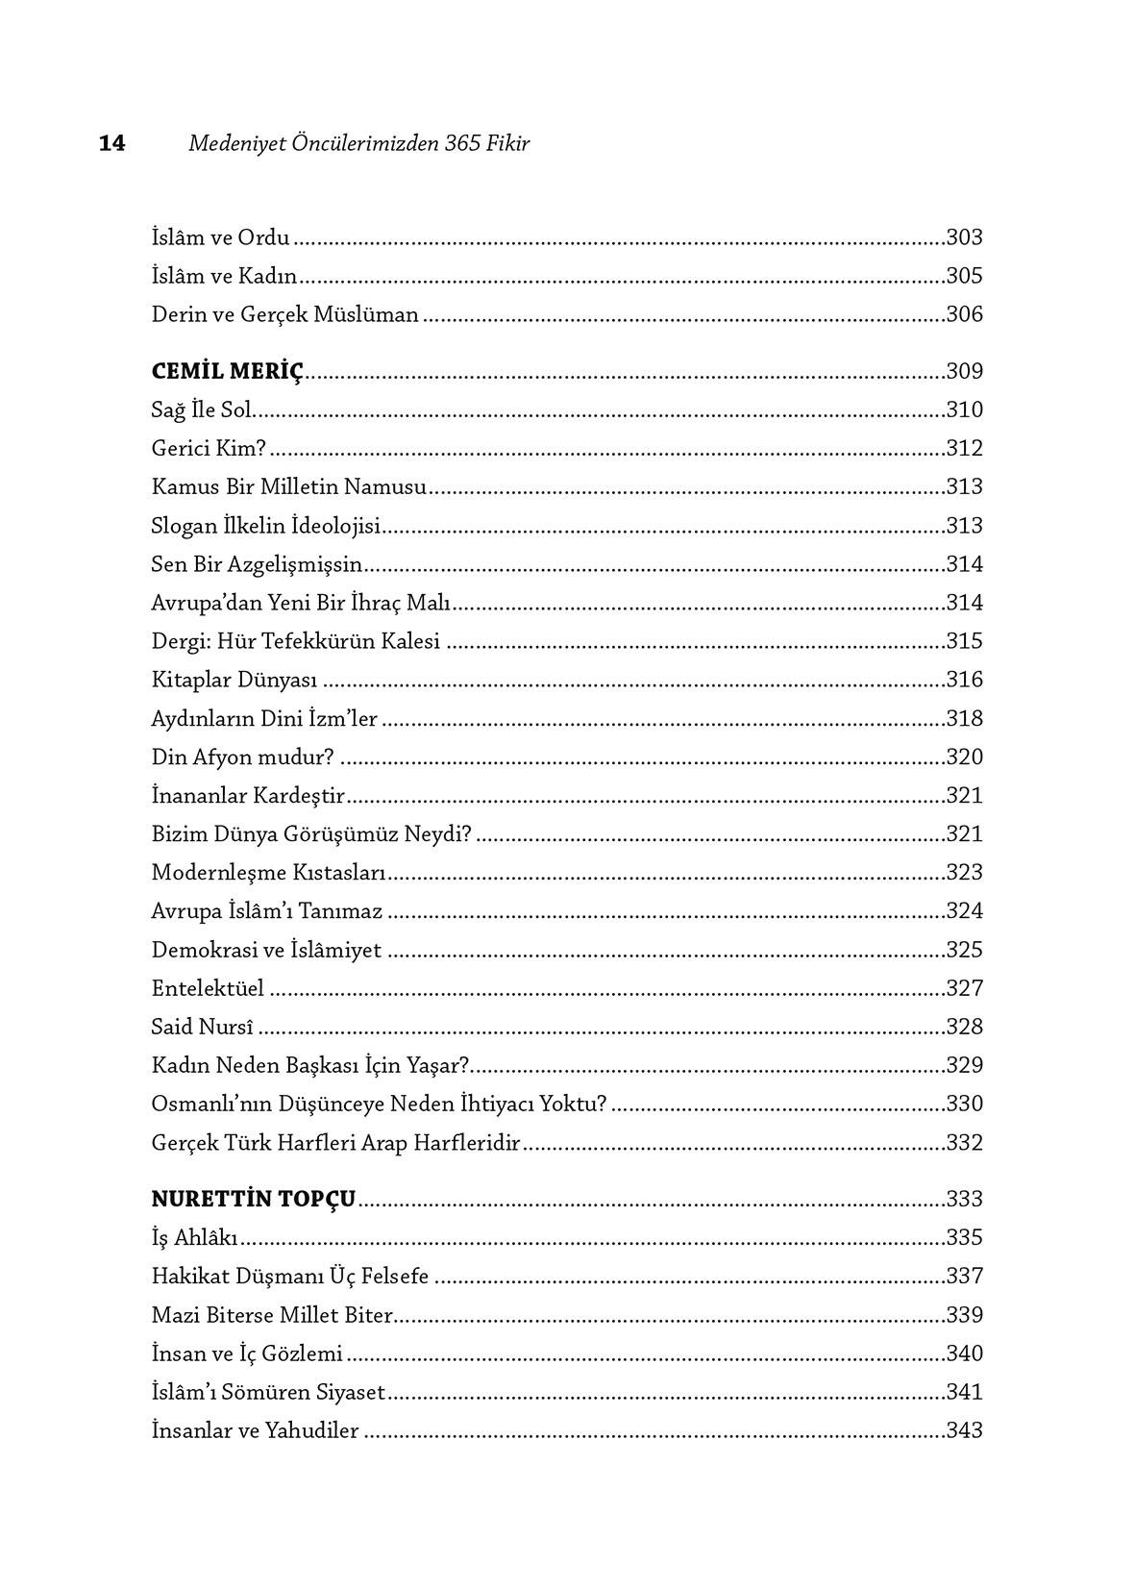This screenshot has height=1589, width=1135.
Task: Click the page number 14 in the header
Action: [x=111, y=143]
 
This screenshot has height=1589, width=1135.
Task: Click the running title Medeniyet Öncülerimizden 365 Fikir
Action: [x=359, y=143]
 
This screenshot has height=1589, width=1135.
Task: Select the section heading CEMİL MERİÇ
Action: [x=227, y=371]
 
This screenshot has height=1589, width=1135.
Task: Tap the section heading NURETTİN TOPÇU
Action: [x=254, y=1199]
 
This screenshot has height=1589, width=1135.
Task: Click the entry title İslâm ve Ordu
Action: [x=220, y=236]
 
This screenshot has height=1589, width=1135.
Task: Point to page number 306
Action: [x=964, y=314]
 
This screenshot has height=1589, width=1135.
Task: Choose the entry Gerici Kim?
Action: [x=209, y=448]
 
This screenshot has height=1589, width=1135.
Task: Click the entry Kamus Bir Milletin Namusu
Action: [x=288, y=486]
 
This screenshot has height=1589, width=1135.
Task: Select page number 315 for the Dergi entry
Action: [x=964, y=641]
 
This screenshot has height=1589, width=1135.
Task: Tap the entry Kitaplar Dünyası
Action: [x=234, y=680]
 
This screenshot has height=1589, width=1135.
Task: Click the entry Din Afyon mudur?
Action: [x=242, y=757]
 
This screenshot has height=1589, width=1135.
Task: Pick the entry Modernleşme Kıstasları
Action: [x=268, y=872]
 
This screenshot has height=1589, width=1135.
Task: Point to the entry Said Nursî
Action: [x=203, y=1027]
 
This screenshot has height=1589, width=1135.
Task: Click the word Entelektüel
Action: [x=208, y=988]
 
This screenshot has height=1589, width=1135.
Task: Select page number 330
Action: [x=964, y=1104]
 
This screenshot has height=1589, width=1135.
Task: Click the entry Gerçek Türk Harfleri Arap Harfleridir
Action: [x=335, y=1143]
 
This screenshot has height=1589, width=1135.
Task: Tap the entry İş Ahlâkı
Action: [x=195, y=1237]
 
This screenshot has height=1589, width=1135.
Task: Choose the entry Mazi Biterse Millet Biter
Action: [x=273, y=1314]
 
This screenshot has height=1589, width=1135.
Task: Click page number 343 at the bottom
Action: [x=964, y=1430]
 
